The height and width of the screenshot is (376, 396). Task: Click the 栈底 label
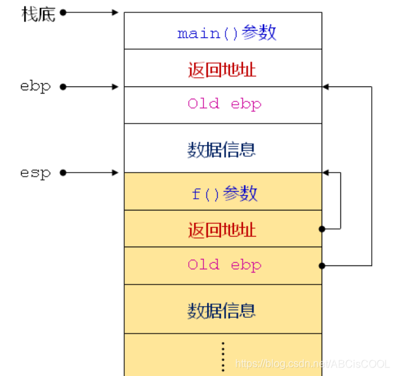click(39, 13)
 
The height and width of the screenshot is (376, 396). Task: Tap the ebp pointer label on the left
click(35, 86)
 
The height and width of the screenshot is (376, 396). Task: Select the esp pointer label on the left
click(35, 173)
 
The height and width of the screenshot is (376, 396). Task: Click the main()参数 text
click(227, 33)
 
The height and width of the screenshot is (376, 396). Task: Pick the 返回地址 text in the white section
click(222, 69)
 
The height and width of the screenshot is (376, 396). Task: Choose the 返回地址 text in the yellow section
click(222, 230)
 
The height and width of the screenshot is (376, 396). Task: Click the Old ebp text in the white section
click(224, 104)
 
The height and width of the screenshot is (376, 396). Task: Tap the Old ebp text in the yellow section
click(224, 265)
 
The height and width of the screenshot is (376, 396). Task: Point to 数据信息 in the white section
click(222, 150)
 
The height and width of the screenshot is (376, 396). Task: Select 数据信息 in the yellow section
click(222, 310)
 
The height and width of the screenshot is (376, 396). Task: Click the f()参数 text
click(224, 194)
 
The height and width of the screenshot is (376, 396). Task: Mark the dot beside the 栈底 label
click(63, 12)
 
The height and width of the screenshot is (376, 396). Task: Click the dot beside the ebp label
click(63, 86)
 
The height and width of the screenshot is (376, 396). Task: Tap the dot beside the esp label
click(63, 173)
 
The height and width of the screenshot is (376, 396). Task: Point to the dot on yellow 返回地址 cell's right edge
click(322, 229)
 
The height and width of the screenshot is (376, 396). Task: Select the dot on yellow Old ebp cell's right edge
click(322, 265)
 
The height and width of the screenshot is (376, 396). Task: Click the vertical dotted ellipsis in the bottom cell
click(223, 356)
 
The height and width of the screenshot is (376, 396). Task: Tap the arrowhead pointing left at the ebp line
click(326, 86)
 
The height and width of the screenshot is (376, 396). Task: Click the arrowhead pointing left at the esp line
click(326, 173)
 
